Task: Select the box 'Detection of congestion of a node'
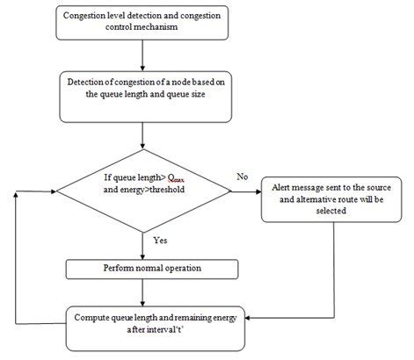143,95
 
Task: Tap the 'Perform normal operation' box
143,266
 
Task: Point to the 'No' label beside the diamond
242,176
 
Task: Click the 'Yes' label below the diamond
160,240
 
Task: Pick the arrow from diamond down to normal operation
143,241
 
